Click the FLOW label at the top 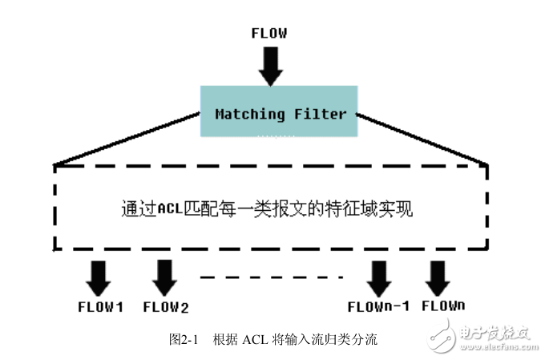pyautogui.click(x=269, y=34)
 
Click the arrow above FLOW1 pyautogui.click(x=99, y=277)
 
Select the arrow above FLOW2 pyautogui.click(x=164, y=277)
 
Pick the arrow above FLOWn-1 pyautogui.click(x=377, y=278)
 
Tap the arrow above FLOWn pyautogui.click(x=438, y=277)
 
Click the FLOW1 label pyautogui.click(x=99, y=306)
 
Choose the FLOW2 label pyautogui.click(x=165, y=306)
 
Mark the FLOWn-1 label pyautogui.click(x=379, y=306)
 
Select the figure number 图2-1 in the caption pyautogui.click(x=184, y=339)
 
